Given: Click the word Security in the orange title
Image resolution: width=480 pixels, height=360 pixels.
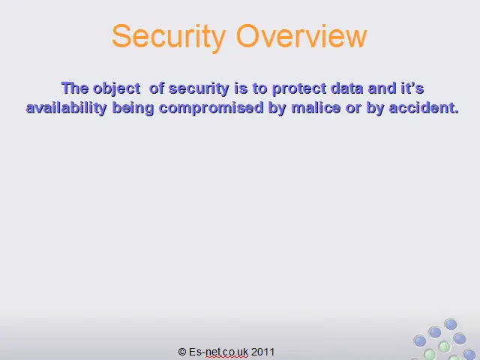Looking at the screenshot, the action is tap(169, 37).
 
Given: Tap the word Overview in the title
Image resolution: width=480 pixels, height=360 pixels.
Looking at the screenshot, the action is tap(301, 36).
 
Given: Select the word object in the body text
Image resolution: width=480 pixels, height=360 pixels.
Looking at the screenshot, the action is tap(117, 89).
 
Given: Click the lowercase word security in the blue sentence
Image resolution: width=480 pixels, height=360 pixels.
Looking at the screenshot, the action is tap(199, 89).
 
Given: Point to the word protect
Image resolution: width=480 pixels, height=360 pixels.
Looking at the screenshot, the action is tap(299, 89).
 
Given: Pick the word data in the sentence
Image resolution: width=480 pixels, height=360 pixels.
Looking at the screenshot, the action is tap(346, 88).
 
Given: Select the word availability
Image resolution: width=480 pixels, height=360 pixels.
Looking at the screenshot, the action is tap(67, 108).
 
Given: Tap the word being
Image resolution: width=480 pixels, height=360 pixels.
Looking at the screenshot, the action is tap(133, 109).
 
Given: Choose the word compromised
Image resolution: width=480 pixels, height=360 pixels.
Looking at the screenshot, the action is tap(211, 109).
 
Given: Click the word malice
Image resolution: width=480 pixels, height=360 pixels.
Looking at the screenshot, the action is tap(316, 108).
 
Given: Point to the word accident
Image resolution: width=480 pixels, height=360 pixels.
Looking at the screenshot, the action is tap(424, 108).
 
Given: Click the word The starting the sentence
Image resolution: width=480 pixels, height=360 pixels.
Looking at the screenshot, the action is tap(75, 88).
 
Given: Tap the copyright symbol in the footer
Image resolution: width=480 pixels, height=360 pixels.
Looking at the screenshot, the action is tap(182, 352).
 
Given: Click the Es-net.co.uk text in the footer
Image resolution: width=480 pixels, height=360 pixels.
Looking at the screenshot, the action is tap(218, 352).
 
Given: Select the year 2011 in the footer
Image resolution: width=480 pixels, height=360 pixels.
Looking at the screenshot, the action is tap(262, 352).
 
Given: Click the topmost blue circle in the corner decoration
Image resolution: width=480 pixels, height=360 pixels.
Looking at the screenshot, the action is tap(451, 324).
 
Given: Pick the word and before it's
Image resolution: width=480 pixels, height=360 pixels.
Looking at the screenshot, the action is tap(382, 88).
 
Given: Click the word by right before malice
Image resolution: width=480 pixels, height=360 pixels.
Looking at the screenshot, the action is tap(277, 109).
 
